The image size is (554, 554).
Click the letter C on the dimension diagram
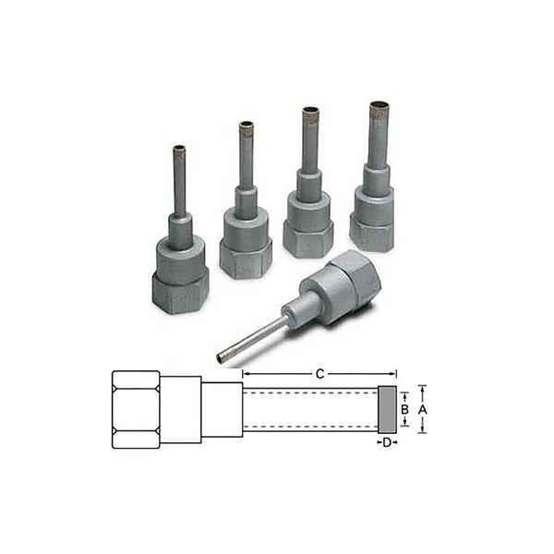coord(319,374)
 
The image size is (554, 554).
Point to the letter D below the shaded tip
coord(388,443)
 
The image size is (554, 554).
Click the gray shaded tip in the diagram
coord(388,409)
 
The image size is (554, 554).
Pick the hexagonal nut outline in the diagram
coord(135,409)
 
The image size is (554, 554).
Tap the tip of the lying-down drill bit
coord(222,357)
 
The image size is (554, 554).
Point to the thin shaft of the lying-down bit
coord(255,337)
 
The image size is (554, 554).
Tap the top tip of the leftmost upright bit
coord(179,149)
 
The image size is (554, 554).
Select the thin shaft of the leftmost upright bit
coord(179,185)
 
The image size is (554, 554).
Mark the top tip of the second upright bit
coord(247,125)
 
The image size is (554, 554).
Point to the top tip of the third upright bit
coord(311,112)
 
